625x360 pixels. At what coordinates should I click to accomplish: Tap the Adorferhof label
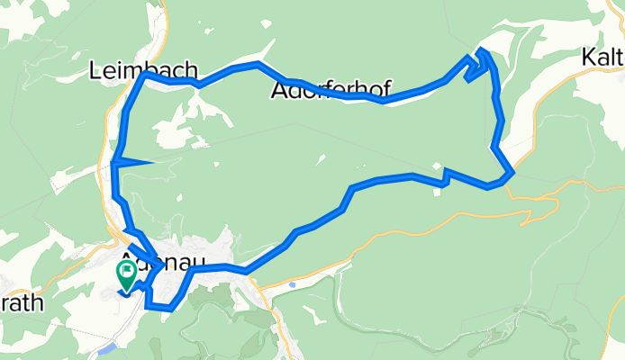coord(331,91)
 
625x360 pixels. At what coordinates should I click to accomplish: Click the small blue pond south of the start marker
coord(108,347)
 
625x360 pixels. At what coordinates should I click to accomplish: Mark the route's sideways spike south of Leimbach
coord(149,162)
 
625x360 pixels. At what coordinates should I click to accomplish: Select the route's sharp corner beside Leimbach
coord(145,76)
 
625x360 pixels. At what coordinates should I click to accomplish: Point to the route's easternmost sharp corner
coord(512,171)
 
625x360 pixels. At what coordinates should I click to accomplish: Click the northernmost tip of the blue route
coord(484,49)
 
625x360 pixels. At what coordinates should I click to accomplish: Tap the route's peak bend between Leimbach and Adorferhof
coord(258,64)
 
